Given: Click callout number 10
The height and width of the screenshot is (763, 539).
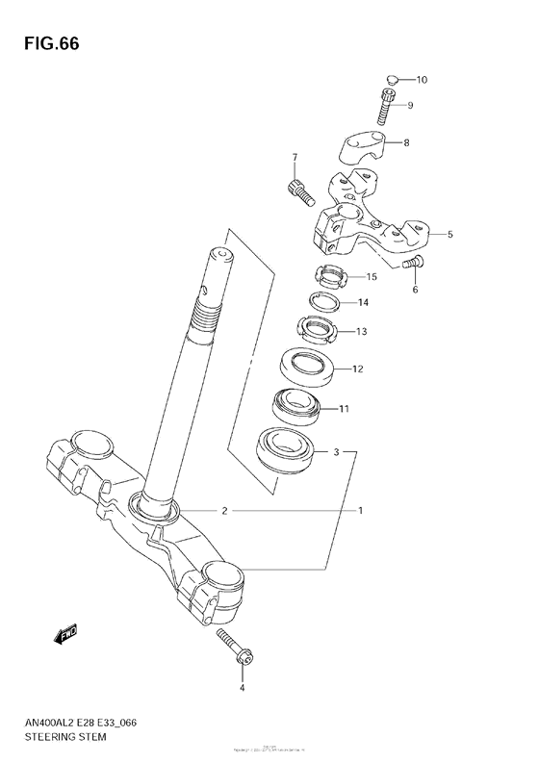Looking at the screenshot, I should coord(422,79).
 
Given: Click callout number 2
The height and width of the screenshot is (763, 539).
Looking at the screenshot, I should coord(224,511).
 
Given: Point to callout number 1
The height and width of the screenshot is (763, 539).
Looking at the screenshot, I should coord(361,511).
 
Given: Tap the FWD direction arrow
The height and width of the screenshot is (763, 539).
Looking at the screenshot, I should coord(64,634).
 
